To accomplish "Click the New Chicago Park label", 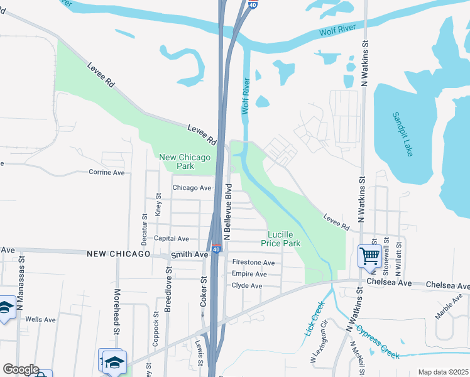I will point(185,161).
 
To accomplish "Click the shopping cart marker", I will point(369,256).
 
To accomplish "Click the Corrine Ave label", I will point(106,172).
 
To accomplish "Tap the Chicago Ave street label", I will point(192,188).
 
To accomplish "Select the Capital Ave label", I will point(172,239).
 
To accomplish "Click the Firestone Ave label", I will point(253,263).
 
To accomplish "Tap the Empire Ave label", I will point(249,274).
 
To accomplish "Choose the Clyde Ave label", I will point(247,286).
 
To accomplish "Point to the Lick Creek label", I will point(315,318).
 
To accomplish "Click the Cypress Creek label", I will point(378,342).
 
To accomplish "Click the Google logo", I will point(20,369).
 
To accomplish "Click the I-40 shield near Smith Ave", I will point(216,249).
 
